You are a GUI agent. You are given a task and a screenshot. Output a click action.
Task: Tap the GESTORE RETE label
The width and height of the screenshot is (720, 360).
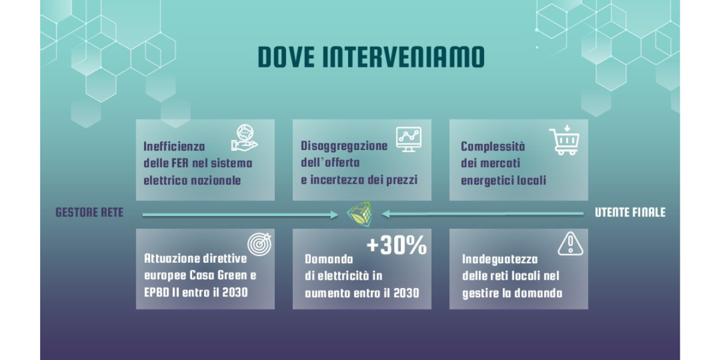coord(89,213)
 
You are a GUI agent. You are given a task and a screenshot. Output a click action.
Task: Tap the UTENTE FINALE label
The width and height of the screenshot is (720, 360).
coord(630,213)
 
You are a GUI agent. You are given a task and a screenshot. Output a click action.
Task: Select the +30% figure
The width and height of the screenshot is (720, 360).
coord(397,245)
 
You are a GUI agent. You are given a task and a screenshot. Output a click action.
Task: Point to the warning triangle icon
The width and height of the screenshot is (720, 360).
coord(570,244)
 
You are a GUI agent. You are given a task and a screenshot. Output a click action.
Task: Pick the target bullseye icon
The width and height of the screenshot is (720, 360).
coord(260,244)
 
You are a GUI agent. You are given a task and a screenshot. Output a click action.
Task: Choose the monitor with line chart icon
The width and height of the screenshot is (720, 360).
coord(409,139)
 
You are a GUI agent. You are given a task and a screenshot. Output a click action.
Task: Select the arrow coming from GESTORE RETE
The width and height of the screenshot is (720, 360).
coord(240,214)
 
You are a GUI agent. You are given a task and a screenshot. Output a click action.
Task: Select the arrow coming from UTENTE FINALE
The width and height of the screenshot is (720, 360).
coord(483,214)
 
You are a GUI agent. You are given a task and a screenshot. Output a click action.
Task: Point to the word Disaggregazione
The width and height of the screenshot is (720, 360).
coord(344,146)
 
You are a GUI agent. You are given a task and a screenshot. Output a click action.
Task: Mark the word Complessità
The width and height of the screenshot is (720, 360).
coord(493,146)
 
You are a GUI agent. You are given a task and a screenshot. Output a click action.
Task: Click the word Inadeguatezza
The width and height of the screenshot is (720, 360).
coord(500,259)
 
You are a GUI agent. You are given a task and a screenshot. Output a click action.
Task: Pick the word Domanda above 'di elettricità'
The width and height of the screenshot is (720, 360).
coord(329,259)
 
